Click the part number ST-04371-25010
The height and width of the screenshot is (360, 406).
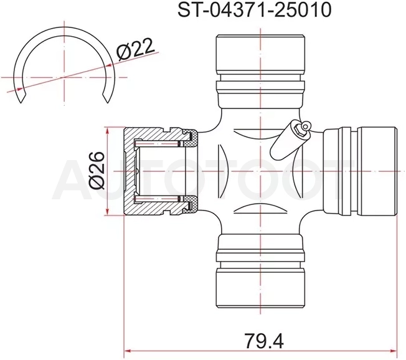(254, 11)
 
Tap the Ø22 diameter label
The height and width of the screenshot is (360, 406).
(135, 49)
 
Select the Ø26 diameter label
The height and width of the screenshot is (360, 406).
(97, 171)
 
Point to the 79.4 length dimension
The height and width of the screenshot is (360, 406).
(264, 341)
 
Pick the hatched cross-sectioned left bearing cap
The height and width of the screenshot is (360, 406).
(161, 171)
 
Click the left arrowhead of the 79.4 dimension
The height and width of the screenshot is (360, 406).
(128, 351)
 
